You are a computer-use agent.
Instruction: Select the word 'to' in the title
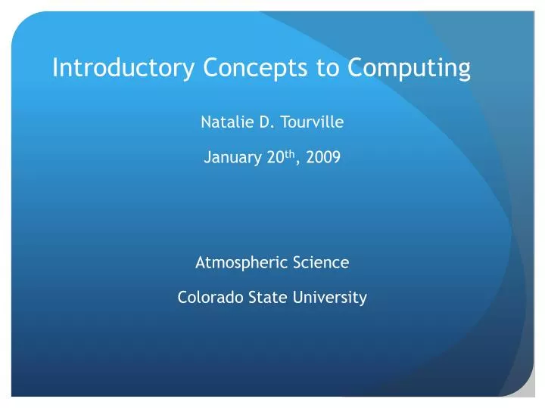tap(328, 69)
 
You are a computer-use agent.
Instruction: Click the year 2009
tap(324, 159)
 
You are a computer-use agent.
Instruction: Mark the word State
tap(257, 298)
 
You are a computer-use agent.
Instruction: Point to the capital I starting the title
tap(55, 69)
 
